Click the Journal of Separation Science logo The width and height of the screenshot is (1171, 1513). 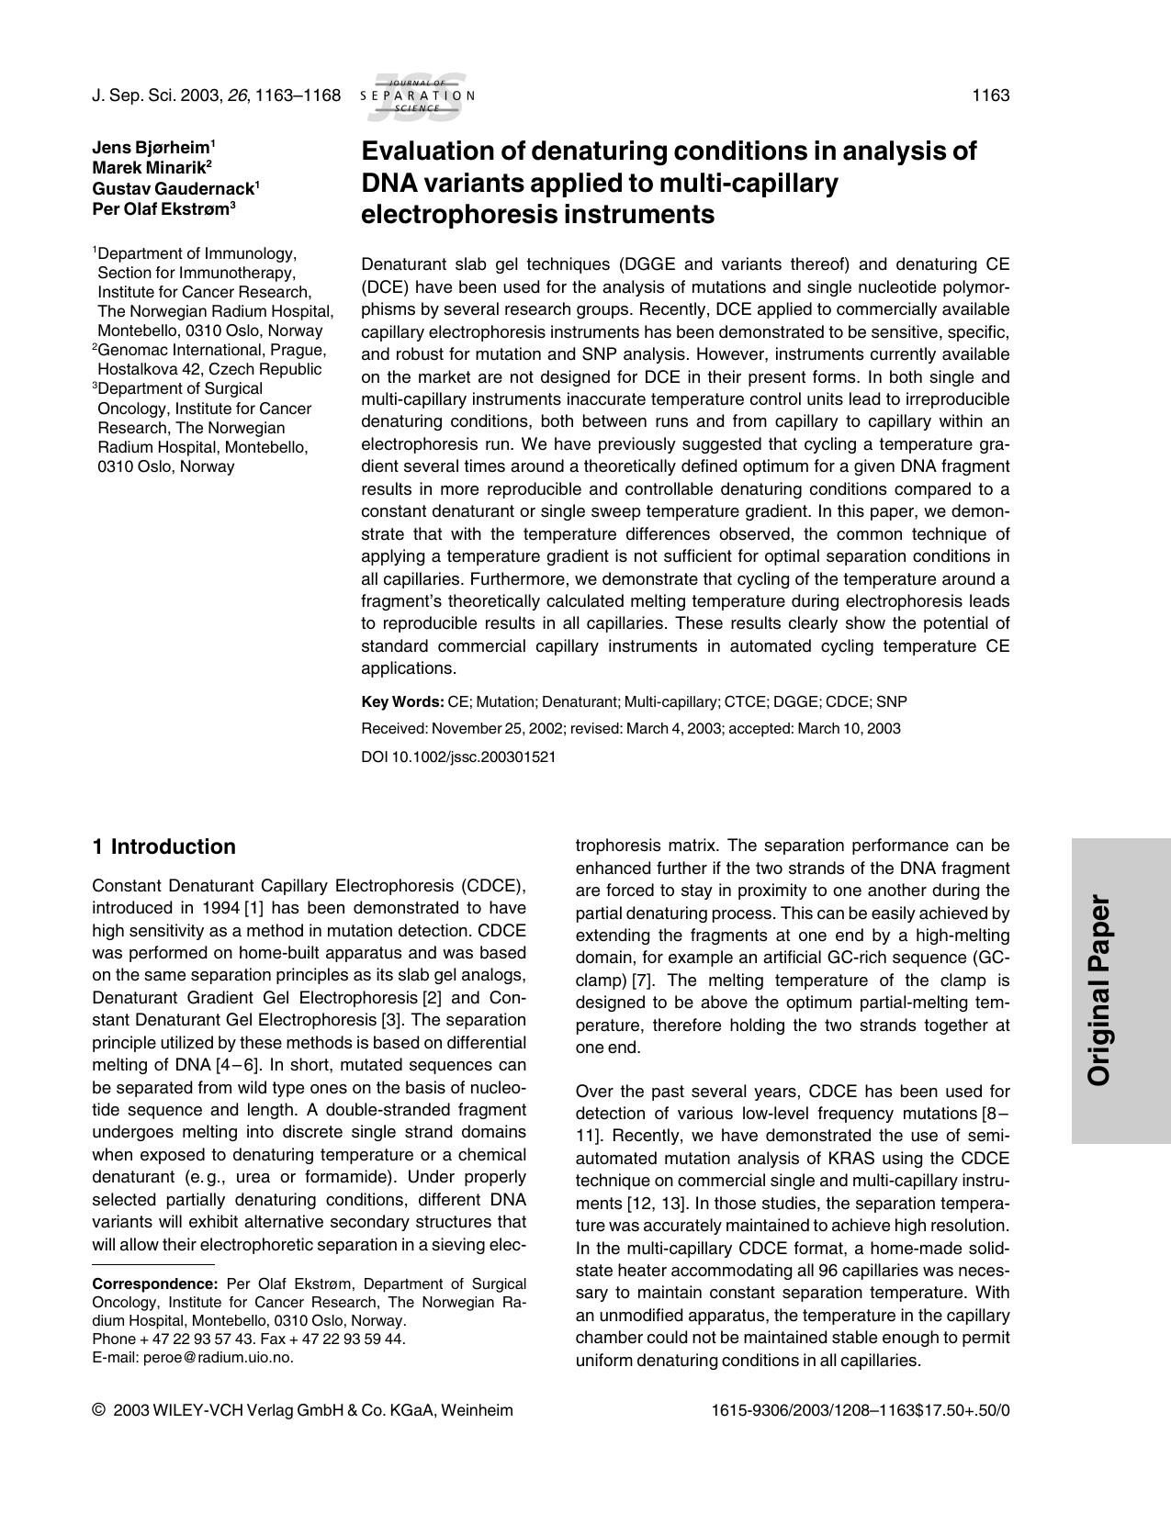coord(417,95)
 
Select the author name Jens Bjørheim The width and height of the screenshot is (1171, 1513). coord(151,148)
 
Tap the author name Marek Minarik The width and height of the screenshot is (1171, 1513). coord(148,168)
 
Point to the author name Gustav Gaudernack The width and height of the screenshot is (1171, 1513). coord(173,188)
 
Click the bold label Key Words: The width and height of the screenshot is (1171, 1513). coord(402,702)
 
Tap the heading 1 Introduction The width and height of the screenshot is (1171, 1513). coord(164,847)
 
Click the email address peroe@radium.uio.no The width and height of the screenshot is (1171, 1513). coord(218,1358)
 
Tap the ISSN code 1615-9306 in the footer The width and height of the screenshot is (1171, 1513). coord(742,1411)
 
